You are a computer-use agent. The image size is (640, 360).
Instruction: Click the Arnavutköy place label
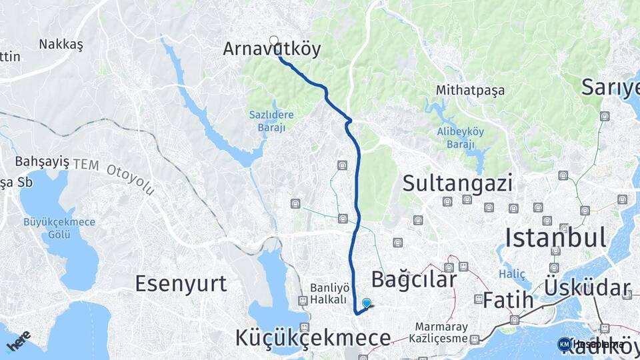tap(272, 49)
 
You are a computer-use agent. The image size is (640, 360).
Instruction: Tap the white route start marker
tap(273, 40)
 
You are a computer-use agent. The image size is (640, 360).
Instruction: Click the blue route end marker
tap(366, 303)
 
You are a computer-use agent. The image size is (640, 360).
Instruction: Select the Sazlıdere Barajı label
tap(271, 121)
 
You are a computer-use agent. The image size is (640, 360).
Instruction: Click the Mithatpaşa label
tap(470, 90)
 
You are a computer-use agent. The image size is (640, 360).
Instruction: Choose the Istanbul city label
tap(555, 237)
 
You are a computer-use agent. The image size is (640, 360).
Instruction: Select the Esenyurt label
tap(181, 283)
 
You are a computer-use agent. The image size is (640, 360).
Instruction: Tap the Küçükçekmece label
tap(313, 338)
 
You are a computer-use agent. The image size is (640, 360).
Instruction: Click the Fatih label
tap(508, 300)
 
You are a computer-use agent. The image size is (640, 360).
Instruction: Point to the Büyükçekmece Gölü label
tap(59, 228)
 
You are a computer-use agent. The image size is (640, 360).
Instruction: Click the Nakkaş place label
tap(61, 44)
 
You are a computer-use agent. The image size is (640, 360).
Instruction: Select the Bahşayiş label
tap(42, 161)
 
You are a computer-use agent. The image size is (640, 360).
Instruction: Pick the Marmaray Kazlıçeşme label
tap(443, 333)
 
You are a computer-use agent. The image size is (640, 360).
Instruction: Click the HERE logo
tap(18, 340)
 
